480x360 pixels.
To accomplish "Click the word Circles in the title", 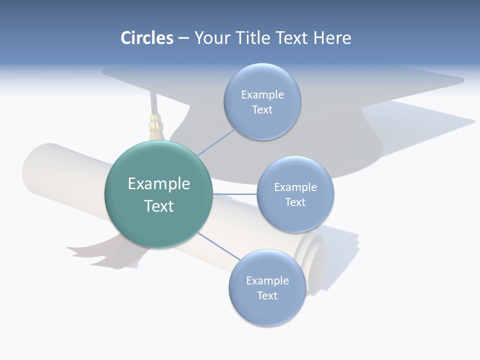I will pyautogui.click(x=147, y=38).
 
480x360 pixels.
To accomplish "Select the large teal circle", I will pyautogui.click(x=158, y=220).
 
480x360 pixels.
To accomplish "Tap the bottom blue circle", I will pyautogui.click(x=267, y=310).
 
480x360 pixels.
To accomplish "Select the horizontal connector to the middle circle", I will pyautogui.click(x=234, y=193).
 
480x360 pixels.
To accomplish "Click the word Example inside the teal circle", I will pyautogui.click(x=159, y=184).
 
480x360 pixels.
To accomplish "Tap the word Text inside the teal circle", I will pyautogui.click(x=159, y=206).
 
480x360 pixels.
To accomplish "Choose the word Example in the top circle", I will pyautogui.click(x=262, y=95).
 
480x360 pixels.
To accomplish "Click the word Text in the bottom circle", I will pyautogui.click(x=267, y=295).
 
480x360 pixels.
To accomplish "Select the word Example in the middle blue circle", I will pyautogui.click(x=295, y=187).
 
